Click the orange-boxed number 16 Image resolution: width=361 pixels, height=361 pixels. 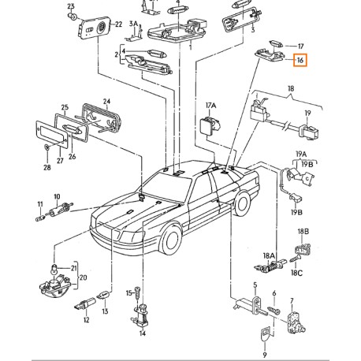[300, 61]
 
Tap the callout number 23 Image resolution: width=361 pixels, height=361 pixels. [71, 6]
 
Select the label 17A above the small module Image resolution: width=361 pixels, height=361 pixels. [210, 106]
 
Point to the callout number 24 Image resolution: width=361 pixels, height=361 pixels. [106, 101]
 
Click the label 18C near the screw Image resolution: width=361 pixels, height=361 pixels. [296, 273]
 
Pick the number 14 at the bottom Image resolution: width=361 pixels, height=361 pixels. [142, 333]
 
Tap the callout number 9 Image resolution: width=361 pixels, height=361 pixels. [265, 355]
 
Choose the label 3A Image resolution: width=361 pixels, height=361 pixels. [133, 24]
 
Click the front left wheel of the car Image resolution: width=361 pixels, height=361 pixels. [172, 240]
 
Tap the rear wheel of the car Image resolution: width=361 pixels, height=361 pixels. [243, 203]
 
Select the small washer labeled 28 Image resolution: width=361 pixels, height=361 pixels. [47, 147]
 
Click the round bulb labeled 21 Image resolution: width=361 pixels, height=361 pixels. [54, 269]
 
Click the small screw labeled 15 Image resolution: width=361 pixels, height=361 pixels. [137, 292]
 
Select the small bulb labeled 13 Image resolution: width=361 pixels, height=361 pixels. [103, 296]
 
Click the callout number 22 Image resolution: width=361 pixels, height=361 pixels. [118, 24]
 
